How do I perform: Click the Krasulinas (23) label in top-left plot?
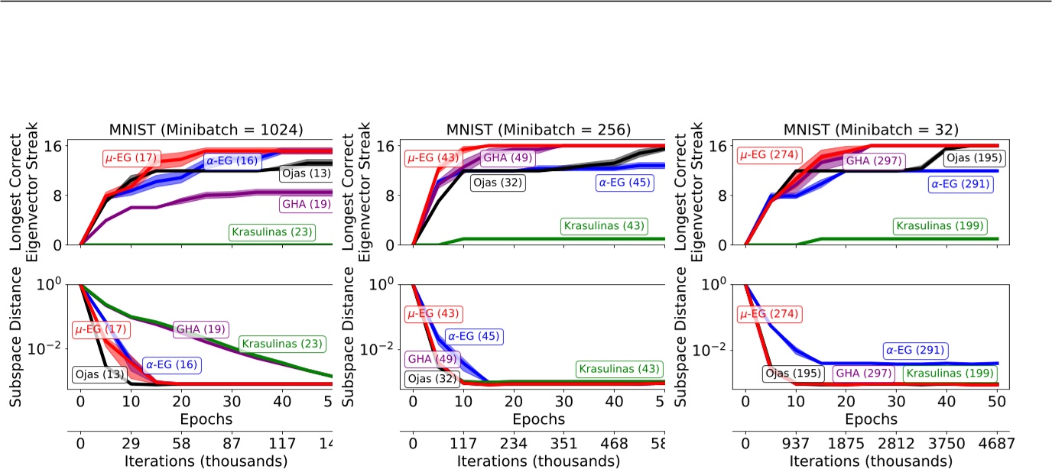(x=271, y=231)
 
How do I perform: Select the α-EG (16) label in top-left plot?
(x=232, y=161)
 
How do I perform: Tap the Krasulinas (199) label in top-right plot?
(x=940, y=226)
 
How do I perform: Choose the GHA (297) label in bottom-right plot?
(x=860, y=374)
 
